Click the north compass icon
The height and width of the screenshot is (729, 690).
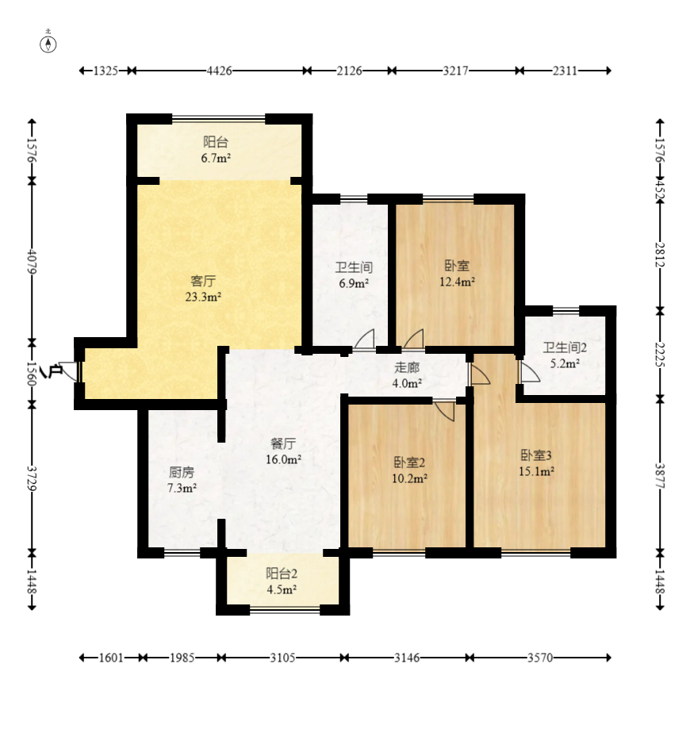click(x=48, y=44)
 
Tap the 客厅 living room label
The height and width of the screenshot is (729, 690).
click(x=203, y=281)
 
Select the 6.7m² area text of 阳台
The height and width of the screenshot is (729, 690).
click(x=216, y=158)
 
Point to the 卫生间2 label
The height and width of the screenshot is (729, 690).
click(x=565, y=347)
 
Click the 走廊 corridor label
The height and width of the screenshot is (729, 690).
click(x=407, y=367)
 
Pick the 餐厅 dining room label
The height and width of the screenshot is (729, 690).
click(x=283, y=443)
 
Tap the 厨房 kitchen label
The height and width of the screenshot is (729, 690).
click(x=182, y=472)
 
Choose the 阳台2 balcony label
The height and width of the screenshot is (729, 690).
click(x=282, y=574)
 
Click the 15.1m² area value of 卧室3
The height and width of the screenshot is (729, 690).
click(x=537, y=471)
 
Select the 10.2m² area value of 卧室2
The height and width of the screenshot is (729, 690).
click(x=409, y=478)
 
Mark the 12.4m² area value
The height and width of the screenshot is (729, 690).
click(x=457, y=282)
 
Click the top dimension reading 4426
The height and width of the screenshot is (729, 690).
click(x=219, y=71)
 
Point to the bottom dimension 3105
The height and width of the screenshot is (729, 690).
click(x=282, y=658)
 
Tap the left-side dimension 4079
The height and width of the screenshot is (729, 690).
click(x=32, y=262)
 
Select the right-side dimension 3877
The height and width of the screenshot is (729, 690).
click(x=660, y=476)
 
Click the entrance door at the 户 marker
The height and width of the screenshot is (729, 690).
click(x=70, y=371)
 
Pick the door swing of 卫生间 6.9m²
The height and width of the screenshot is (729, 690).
click(x=365, y=339)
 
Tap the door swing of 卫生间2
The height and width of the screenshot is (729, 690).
click(x=530, y=373)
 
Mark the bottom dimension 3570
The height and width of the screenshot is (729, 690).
click(x=540, y=658)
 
